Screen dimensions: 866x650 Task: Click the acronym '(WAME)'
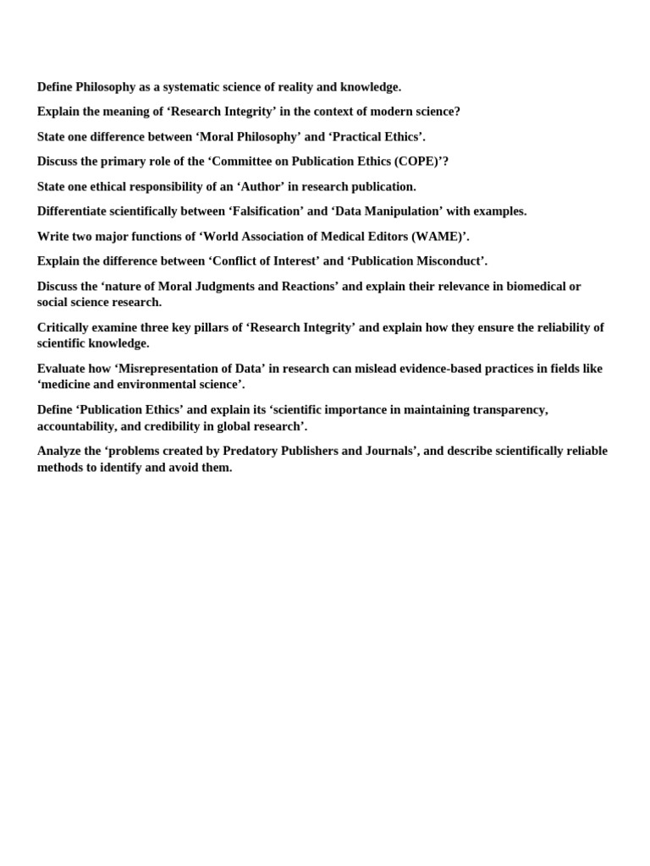(x=437, y=237)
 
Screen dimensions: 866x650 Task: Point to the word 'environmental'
(x=164, y=385)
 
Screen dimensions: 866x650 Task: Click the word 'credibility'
(x=171, y=426)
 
